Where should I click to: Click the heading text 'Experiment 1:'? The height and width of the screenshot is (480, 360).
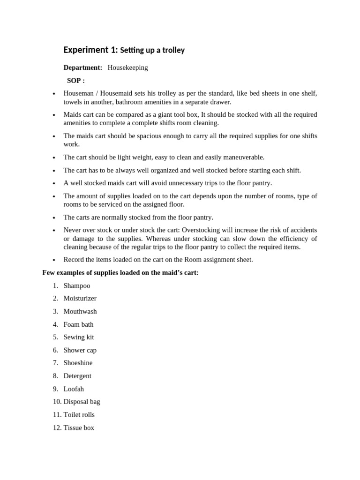click(x=90, y=50)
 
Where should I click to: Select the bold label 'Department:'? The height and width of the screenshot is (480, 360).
click(x=83, y=67)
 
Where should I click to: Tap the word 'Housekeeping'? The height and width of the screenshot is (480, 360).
click(x=127, y=67)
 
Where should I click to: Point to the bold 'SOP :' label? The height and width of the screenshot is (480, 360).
click(x=76, y=81)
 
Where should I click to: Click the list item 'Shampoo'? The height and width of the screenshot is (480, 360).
click(x=77, y=285)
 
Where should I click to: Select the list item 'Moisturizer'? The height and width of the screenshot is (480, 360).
click(x=80, y=298)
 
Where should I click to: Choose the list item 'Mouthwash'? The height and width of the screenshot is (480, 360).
click(x=80, y=311)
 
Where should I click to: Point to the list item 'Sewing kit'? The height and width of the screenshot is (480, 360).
click(x=79, y=337)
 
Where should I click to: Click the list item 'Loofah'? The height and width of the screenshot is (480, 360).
click(x=74, y=389)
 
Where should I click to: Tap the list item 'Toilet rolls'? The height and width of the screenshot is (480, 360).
click(x=79, y=414)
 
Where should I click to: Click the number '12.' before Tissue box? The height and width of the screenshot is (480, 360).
click(x=57, y=427)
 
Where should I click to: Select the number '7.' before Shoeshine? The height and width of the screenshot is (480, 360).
click(x=55, y=363)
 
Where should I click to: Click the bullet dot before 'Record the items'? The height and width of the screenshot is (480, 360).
click(x=54, y=260)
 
